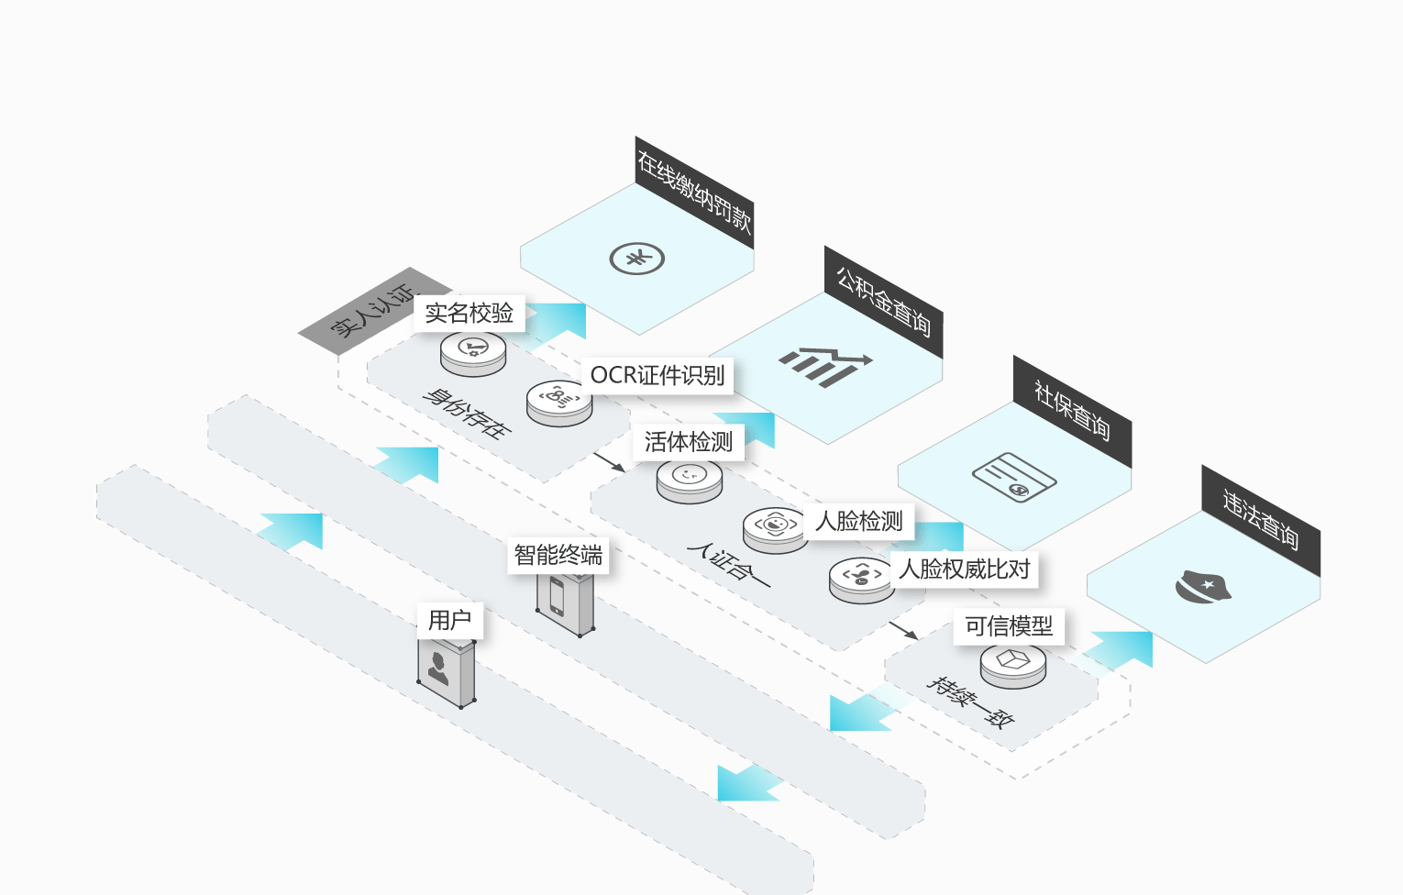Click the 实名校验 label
pos(470,313)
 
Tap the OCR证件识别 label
pos(657,376)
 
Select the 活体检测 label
pos(689,442)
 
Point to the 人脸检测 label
pos(858,521)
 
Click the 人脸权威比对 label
pos(964,569)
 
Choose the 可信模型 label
pos(1009,625)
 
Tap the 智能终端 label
pos(558,555)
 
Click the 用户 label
pos(449,621)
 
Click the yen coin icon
pos(637,259)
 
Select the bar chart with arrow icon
pos(825,367)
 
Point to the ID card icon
pos(1014,478)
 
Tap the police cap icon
pos(1202,587)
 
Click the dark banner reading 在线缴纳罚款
pos(694,192)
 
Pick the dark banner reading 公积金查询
pos(883,302)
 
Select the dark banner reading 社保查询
pos(1072,412)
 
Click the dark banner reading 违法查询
pos(1261,521)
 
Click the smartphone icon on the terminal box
pos(557,596)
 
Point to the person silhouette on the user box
pos(437,668)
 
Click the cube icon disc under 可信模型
pos(1012,665)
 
